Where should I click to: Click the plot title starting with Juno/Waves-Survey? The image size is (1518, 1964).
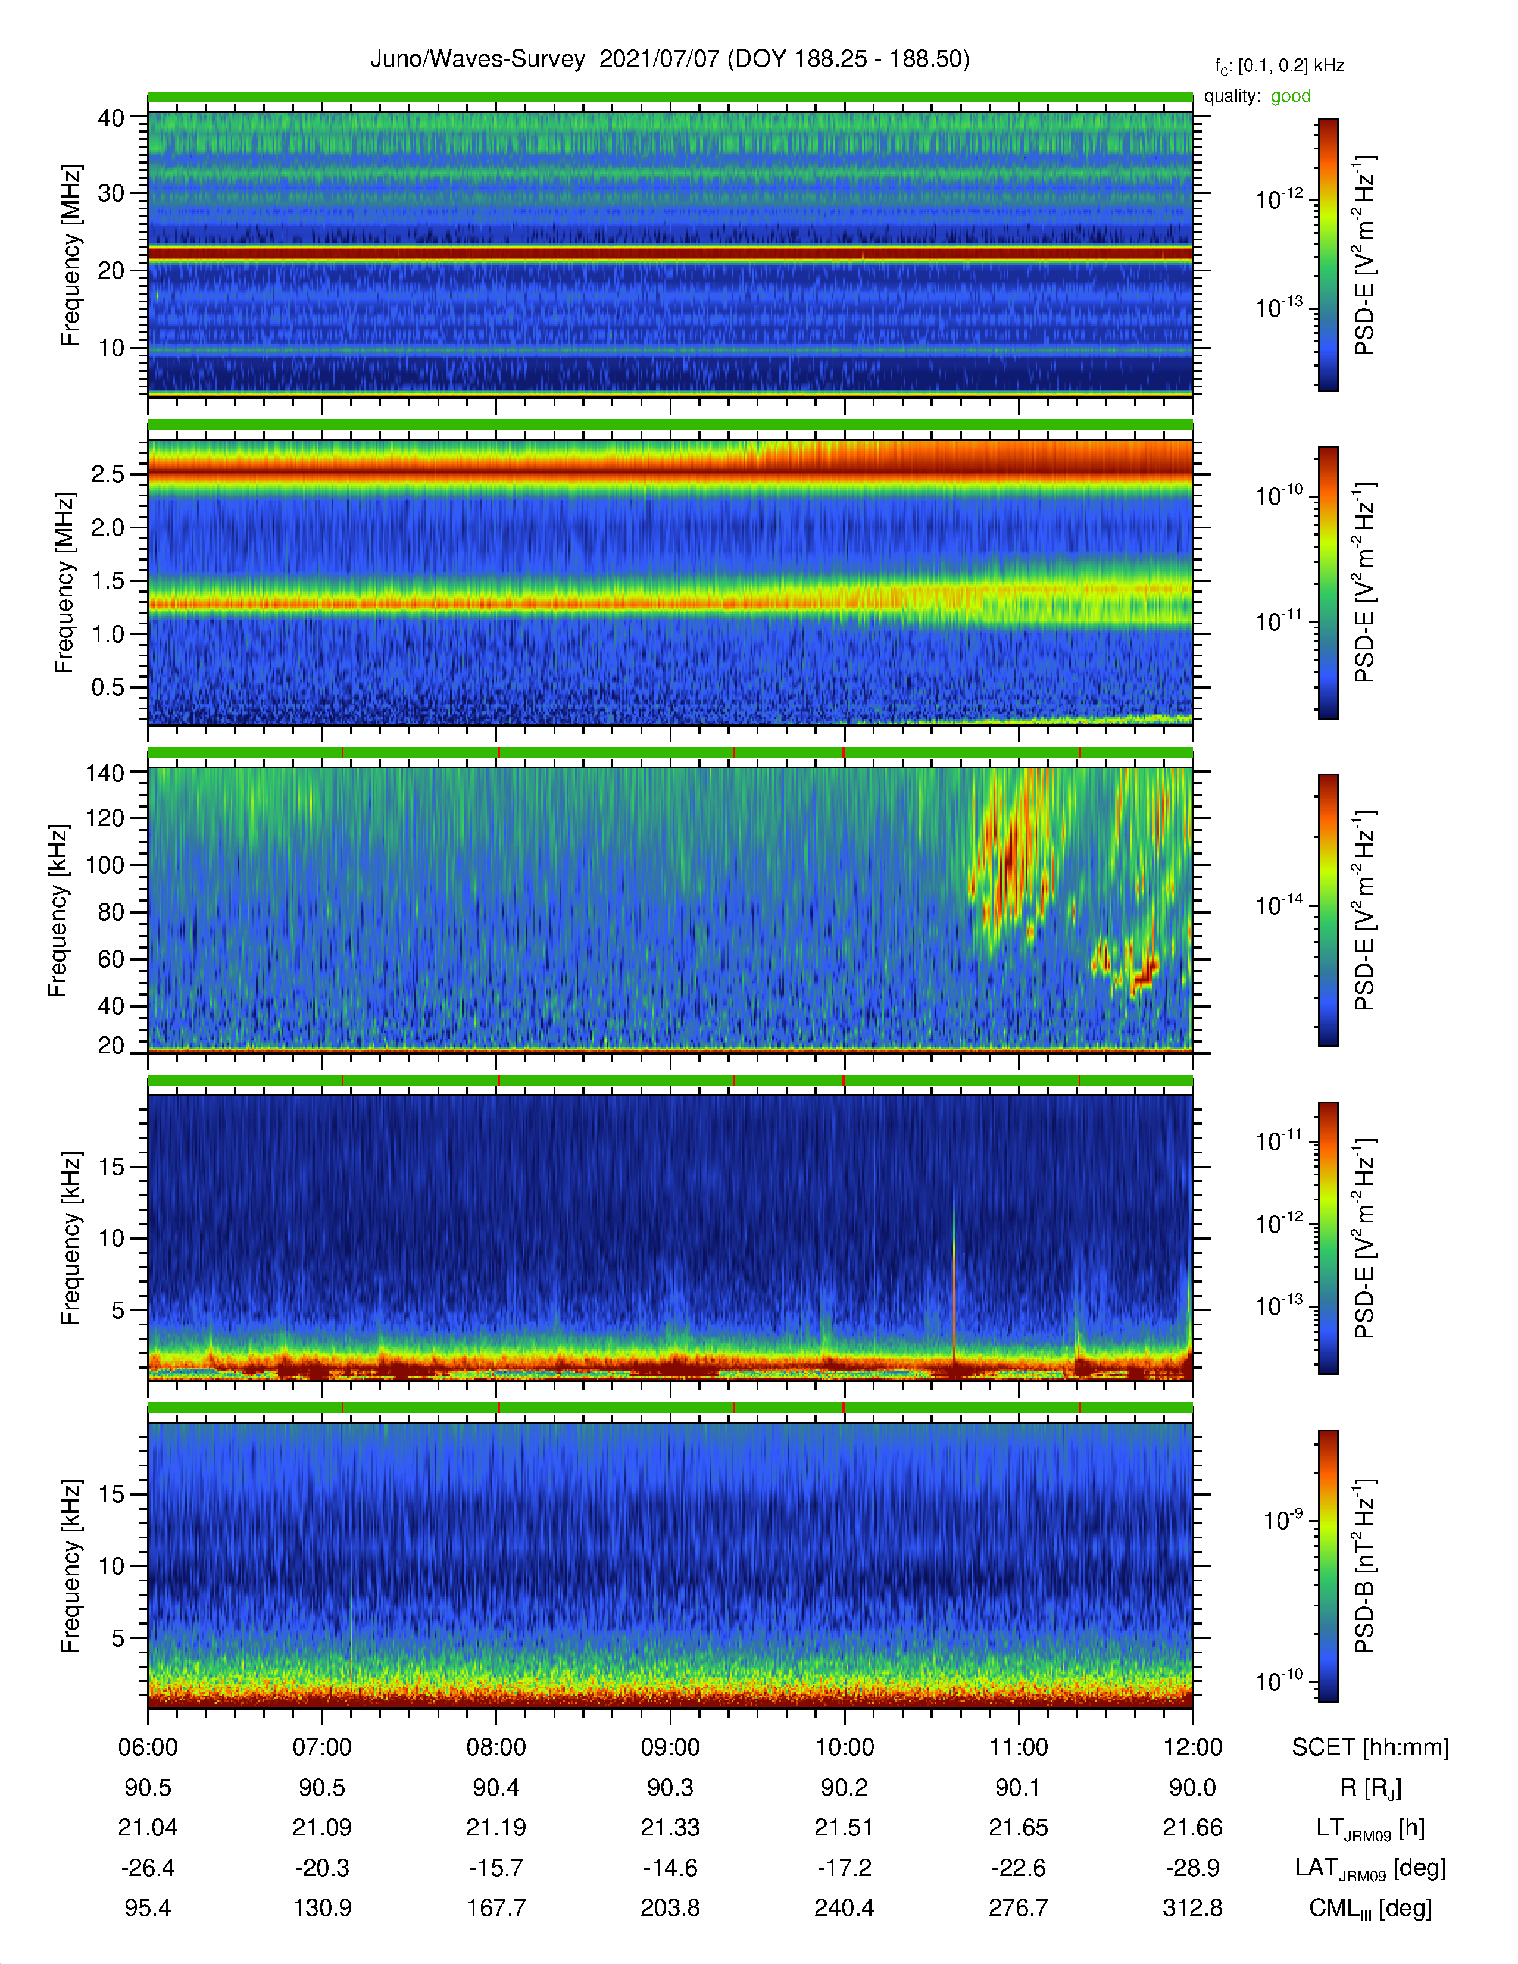point(669,60)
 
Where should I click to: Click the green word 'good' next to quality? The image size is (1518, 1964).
point(1291,96)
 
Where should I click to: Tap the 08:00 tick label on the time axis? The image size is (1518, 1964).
point(496,1747)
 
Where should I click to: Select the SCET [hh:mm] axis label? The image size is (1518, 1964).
point(1370,1747)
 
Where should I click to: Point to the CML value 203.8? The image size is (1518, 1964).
point(670,1907)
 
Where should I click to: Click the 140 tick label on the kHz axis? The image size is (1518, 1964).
point(104,773)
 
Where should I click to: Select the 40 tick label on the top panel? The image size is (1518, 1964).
point(111,118)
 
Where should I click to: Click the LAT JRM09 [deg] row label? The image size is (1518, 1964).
point(1370,1869)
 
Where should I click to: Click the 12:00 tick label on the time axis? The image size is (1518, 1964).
point(1192,1747)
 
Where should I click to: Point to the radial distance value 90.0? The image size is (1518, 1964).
point(1192,1788)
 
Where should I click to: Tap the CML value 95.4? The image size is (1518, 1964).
point(148,1907)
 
